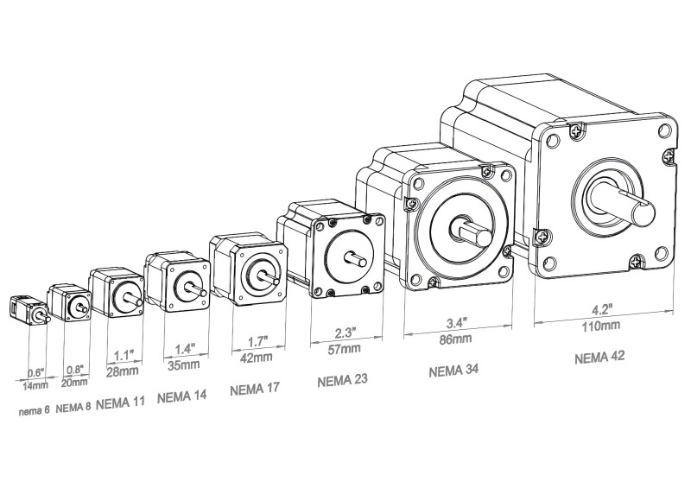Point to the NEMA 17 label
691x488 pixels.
tap(255, 390)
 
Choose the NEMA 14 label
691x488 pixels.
tap(183, 398)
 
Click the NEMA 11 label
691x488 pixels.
tap(120, 403)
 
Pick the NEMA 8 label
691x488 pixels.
tap(73, 409)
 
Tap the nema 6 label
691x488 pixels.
tap(35, 412)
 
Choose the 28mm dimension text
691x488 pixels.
tap(122, 371)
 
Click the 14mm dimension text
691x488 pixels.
tap(36, 385)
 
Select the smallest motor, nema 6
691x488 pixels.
tap(25, 310)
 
